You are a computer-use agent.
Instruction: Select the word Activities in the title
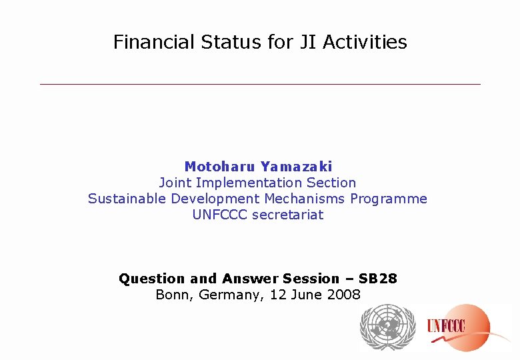point(365,42)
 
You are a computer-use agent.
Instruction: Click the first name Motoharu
point(220,167)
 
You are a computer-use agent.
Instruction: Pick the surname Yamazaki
point(296,167)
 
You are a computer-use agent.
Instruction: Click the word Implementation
point(247,183)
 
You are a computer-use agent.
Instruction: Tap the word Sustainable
point(127,199)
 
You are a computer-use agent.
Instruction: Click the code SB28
point(377,279)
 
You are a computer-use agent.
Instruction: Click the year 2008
point(343,295)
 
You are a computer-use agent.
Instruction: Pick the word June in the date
point(307,295)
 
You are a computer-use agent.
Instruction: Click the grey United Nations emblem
point(387,327)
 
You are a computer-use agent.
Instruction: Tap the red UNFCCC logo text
point(446,326)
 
